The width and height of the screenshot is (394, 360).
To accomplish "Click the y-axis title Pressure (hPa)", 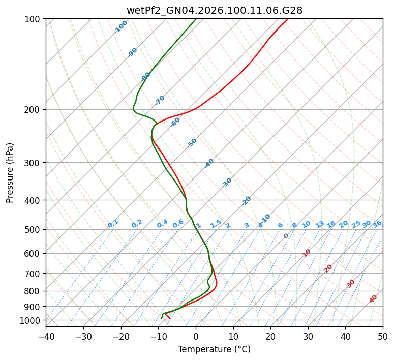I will [x=10, y=172].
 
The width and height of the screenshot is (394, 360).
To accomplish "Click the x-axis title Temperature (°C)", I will [x=214, y=350].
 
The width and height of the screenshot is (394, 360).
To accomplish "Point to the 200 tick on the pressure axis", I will [x=34, y=110].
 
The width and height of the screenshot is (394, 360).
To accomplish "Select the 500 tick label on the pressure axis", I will [x=34, y=230].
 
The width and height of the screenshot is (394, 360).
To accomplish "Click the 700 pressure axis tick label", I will [x=34, y=274].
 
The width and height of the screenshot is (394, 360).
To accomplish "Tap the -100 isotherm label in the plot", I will [x=120, y=27].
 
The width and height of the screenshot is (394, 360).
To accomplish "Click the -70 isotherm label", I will [x=160, y=100].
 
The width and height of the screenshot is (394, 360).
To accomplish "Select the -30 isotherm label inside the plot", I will [x=227, y=183].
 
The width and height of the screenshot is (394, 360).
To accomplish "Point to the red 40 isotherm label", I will [x=373, y=299].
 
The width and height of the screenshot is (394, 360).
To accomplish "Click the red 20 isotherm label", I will [x=328, y=268].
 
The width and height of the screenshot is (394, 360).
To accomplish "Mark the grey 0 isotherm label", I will [x=286, y=236].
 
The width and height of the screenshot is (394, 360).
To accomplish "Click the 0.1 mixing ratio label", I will [x=113, y=223].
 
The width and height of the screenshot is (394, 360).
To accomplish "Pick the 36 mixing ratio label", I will [x=377, y=224].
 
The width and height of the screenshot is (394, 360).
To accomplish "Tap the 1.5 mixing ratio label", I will [x=216, y=223].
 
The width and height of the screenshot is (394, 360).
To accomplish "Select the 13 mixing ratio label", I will [x=320, y=224].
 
